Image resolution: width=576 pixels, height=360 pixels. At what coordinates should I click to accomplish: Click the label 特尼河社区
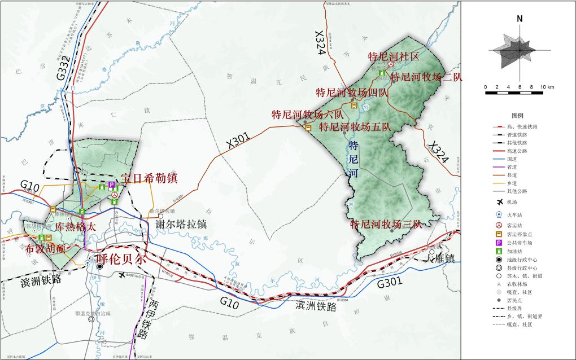coord(394,56)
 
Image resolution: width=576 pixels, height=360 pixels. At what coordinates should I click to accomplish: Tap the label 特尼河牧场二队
coord(426,77)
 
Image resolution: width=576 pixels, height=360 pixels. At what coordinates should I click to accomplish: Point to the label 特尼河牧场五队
coord(355,127)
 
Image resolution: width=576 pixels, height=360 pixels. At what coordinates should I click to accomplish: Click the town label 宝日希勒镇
coord(149,178)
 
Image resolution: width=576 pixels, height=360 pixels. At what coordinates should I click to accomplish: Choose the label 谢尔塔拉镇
coord(181,224)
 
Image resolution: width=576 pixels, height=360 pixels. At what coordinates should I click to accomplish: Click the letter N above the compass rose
coord(519,19)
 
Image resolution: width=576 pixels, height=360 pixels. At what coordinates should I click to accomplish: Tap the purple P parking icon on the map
coord(112,185)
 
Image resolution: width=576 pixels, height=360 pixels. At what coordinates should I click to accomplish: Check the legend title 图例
coord(518,115)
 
